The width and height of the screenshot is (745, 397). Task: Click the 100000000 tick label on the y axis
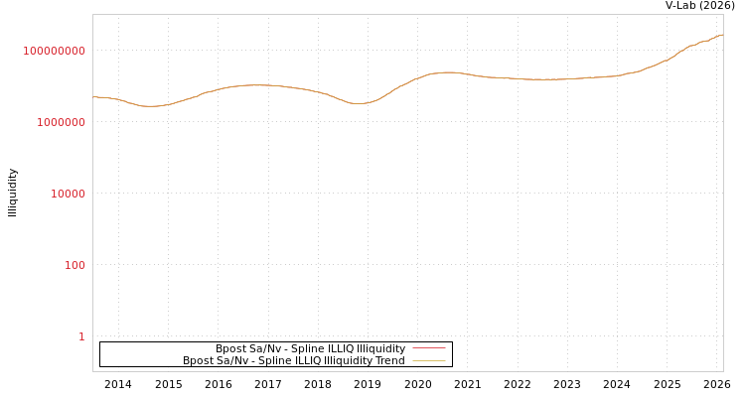[55, 51]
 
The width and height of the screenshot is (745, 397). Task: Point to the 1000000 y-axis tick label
[61, 122]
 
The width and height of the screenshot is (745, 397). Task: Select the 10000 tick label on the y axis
[68, 194]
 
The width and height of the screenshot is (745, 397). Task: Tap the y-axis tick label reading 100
[74, 265]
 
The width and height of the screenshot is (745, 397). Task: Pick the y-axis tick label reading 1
[81, 336]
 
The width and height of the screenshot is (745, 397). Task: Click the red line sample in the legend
[428, 348]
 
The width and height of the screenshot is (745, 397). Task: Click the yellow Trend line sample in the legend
[428, 360]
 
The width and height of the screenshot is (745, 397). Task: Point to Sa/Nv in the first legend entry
[264, 348]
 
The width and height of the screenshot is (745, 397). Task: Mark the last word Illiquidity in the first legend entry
[381, 348]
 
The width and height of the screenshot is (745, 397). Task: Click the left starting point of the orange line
[93, 96]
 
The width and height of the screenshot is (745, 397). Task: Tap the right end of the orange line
[722, 35]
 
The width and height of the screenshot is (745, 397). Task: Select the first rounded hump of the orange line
[257, 85]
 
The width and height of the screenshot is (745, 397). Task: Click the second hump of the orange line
[448, 72]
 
